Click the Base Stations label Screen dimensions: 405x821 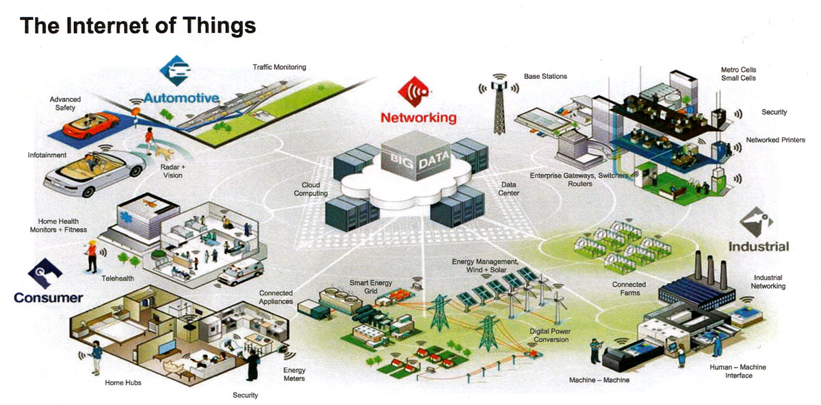(545, 76)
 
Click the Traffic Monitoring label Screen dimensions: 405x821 (279, 67)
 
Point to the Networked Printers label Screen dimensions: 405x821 (775, 140)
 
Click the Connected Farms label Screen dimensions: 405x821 (629, 289)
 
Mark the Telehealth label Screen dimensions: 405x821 (116, 280)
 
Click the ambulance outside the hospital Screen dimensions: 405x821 (235, 273)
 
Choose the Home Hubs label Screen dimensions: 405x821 (123, 382)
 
